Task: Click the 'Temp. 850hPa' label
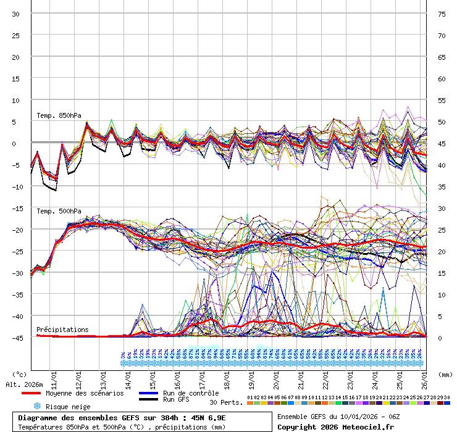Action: pos(59,116)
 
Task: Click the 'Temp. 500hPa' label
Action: pos(59,211)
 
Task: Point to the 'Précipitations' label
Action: pos(62,330)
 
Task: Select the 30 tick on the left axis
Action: pos(16,14)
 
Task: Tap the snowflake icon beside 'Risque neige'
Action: pos(36,407)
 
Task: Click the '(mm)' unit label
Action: pos(445,374)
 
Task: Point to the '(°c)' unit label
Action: pos(20,374)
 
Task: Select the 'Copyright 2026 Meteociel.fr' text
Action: pos(337,426)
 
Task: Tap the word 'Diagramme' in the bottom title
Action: pos(38,418)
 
